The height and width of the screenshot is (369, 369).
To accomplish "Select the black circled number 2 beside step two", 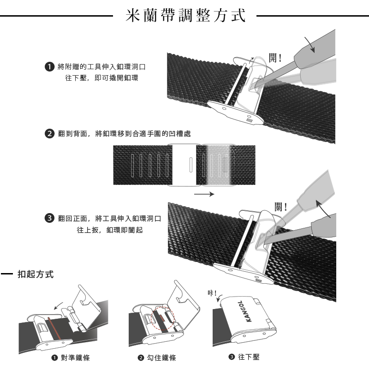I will pos(48,134).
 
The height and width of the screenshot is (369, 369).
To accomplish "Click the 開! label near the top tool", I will pos(275,59).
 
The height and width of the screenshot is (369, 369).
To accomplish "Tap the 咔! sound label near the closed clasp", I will pos(212,294).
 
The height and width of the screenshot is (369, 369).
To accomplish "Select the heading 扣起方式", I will pos(35,275).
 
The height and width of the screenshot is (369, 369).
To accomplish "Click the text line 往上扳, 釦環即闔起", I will pos(109,229).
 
